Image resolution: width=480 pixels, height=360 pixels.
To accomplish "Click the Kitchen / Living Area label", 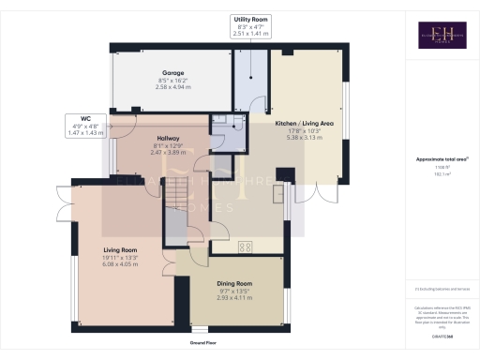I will tap(305, 123).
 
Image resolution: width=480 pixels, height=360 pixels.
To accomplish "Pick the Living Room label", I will tap(119, 250).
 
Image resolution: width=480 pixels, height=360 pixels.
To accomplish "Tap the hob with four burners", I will tap(246, 247).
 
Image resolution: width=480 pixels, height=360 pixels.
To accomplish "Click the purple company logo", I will tap(430, 34).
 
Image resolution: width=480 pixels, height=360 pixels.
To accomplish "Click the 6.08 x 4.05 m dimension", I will tap(119, 265).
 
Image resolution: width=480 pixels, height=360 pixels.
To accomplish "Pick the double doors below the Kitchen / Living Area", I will tap(324, 190).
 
